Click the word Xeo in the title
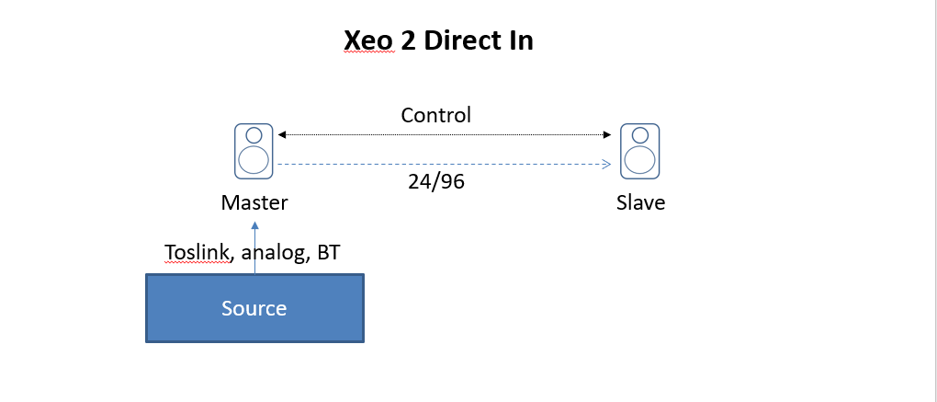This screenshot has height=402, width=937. [368, 40]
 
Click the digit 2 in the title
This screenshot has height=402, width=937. [409, 40]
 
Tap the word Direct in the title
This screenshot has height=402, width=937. [462, 40]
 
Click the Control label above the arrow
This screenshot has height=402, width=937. [435, 114]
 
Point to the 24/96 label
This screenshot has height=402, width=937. [436, 181]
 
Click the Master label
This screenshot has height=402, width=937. [254, 202]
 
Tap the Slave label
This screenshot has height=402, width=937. [640, 202]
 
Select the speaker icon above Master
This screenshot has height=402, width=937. [254, 151]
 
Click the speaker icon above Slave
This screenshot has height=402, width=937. [640, 151]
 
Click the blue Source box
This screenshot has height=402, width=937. [254, 308]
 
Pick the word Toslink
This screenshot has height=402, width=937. [197, 252]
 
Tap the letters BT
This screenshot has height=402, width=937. [329, 252]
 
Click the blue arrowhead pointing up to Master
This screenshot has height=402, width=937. [255, 225]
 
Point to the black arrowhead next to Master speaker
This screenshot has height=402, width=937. [282, 134]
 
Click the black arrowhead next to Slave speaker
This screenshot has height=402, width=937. [607, 134]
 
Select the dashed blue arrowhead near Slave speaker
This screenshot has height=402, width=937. [606, 165]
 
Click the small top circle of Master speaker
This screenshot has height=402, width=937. [254, 135]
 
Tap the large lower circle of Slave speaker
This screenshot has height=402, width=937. [640, 160]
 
